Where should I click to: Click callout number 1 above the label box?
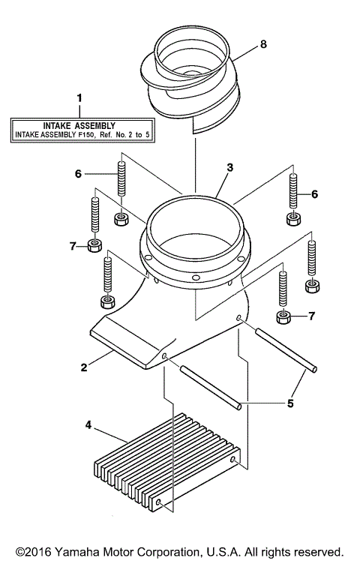tap(79, 97)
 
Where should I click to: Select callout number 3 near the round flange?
tap(230, 169)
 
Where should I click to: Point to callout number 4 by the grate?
tap(89, 425)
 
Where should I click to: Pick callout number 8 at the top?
tap(262, 45)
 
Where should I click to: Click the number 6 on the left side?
tap(77, 173)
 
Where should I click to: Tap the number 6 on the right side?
tap(314, 194)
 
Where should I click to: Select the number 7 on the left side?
tap(73, 245)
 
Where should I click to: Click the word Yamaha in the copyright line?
tap(73, 551)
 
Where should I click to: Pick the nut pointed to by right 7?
tap(283, 316)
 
